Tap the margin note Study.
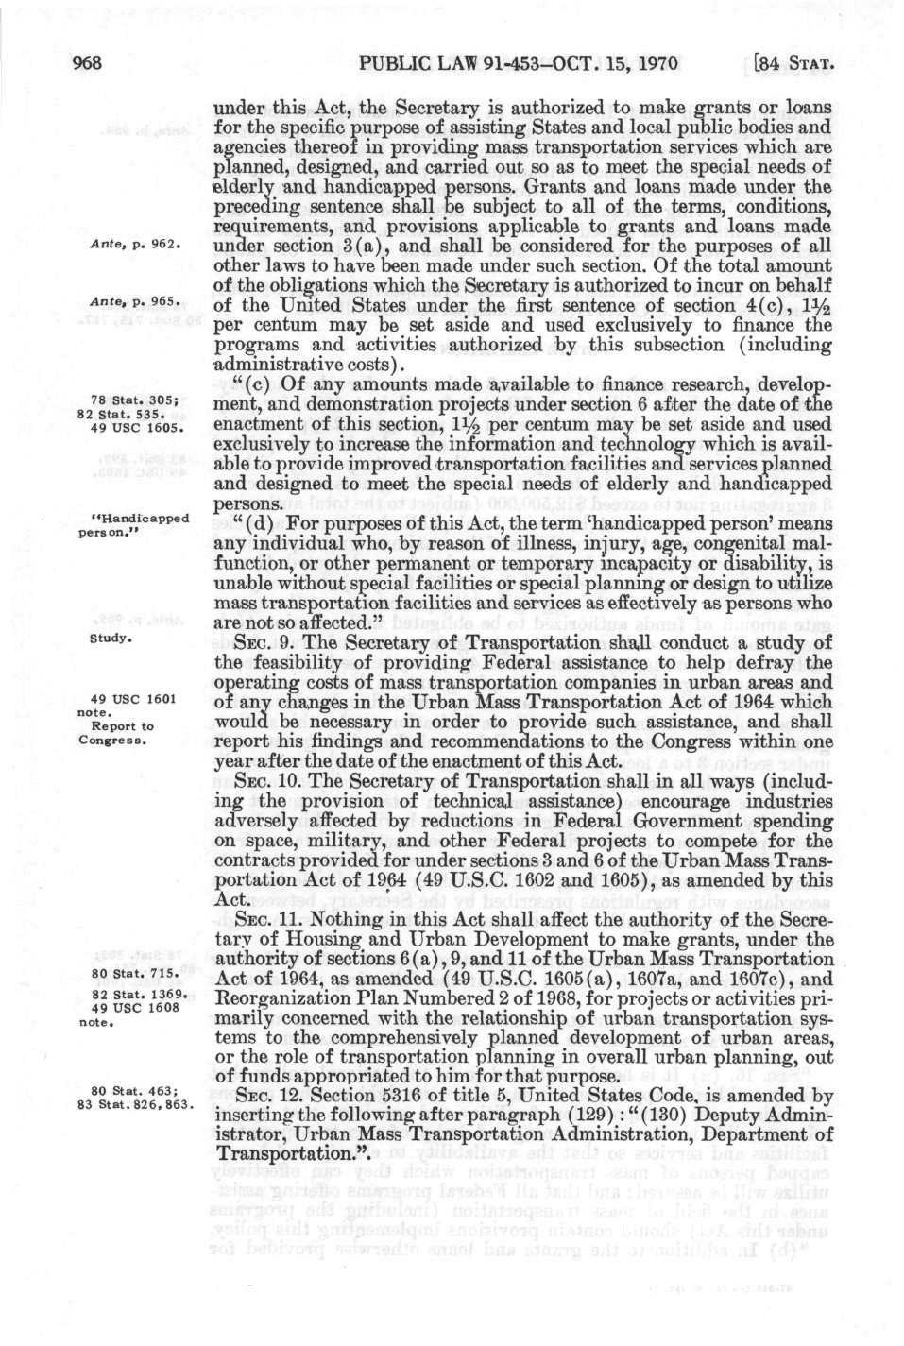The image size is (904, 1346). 110,639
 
